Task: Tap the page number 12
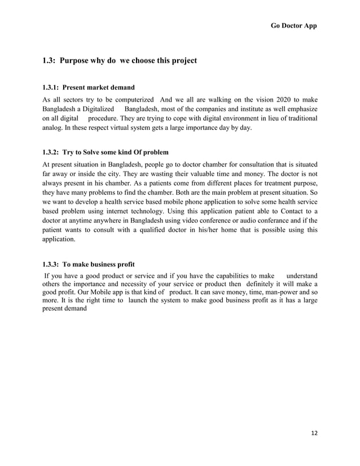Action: [314, 432]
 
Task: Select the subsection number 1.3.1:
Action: [51, 87]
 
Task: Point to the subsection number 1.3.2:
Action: [51, 152]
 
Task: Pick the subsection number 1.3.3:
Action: [51, 264]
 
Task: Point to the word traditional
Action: [298, 118]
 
